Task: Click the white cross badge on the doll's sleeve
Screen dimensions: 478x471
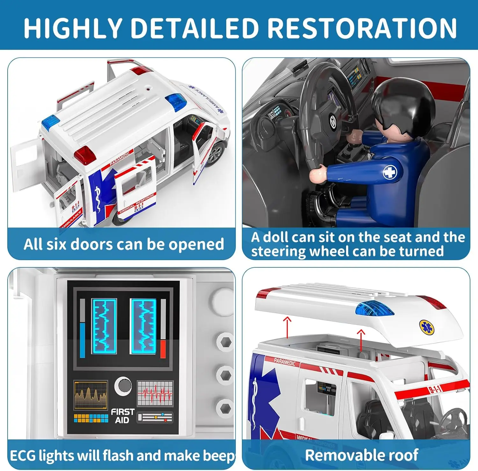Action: (389, 172)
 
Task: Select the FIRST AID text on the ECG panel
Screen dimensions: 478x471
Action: (122, 416)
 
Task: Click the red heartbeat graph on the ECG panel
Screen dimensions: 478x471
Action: (155, 393)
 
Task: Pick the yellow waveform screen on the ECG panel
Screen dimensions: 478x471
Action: (91, 395)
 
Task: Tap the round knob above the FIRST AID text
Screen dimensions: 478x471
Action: (123, 386)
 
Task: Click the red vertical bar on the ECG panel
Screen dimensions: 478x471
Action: (163, 349)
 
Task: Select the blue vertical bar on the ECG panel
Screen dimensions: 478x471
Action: (83, 340)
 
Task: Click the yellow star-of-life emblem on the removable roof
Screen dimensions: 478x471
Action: (425, 327)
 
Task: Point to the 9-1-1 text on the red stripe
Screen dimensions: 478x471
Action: (435, 389)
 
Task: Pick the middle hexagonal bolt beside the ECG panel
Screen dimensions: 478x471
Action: (225, 375)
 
